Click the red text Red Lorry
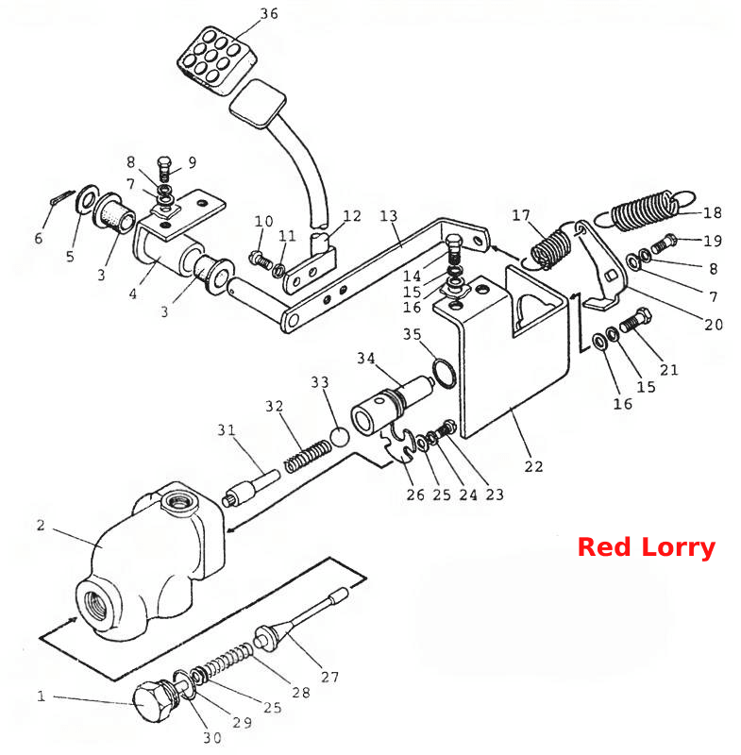[647, 547]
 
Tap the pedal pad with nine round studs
[216, 60]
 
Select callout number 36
[269, 13]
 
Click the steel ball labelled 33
[340, 437]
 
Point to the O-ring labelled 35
[444, 373]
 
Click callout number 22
[533, 466]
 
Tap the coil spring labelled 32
[308, 456]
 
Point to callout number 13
[389, 216]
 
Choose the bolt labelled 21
[635, 319]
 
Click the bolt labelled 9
[164, 169]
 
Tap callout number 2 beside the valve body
[41, 525]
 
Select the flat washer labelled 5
[86, 198]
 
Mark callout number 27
[329, 677]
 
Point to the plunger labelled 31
[251, 488]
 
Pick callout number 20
[713, 325]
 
